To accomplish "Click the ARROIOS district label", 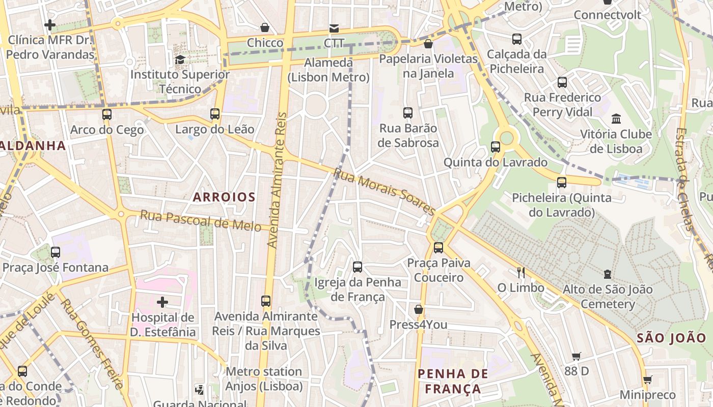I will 224,197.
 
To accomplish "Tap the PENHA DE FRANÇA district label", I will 453,381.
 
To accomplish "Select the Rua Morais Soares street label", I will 385,191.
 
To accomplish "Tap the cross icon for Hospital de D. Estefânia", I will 162,303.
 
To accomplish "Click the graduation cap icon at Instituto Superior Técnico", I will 180,60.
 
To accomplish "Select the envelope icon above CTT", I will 334,28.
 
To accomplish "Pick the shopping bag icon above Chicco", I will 265,27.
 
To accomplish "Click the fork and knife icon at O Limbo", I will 520,273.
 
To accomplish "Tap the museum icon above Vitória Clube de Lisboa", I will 616,119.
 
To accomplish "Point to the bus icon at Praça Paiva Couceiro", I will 438,248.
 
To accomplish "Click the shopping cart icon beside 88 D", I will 577,356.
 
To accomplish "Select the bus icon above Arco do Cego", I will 106,114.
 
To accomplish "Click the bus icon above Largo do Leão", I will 215,114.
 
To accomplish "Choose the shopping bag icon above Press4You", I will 419,309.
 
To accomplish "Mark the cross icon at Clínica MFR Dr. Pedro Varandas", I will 50,24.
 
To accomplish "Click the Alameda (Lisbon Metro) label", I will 328,70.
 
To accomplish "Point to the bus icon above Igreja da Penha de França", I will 358,267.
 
